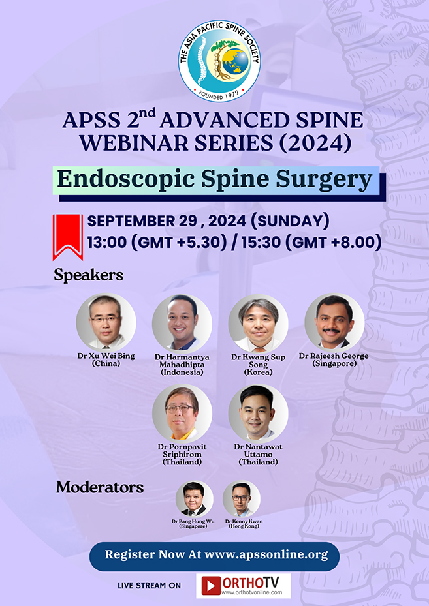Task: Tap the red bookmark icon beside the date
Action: click(x=67, y=235)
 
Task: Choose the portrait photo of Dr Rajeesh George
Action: click(x=334, y=322)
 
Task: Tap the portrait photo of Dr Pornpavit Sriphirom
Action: click(x=182, y=414)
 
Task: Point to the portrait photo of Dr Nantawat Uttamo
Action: click(x=258, y=414)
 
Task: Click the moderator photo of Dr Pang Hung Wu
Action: click(x=194, y=499)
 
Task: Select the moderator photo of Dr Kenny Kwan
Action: click(x=241, y=499)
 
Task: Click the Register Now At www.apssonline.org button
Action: click(x=214, y=556)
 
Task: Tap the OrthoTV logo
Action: click(x=243, y=585)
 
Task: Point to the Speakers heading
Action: click(x=89, y=275)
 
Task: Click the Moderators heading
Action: click(x=100, y=487)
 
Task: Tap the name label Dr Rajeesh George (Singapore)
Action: click(x=334, y=359)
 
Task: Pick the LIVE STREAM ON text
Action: click(x=149, y=586)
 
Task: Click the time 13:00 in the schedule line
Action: click(x=108, y=243)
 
